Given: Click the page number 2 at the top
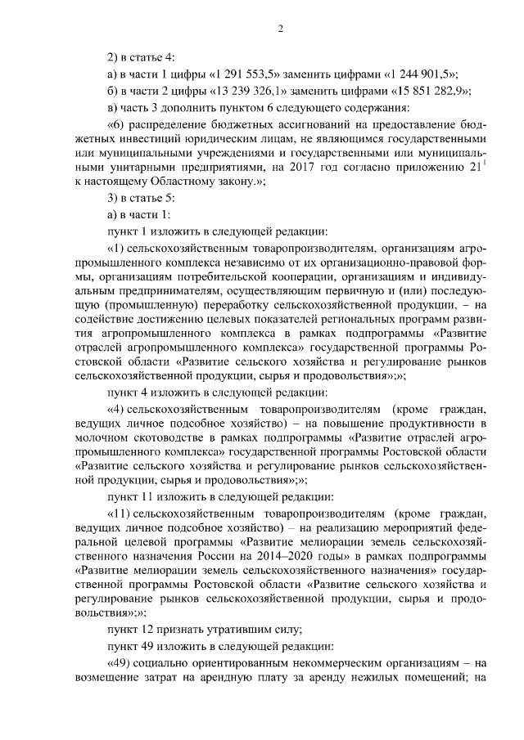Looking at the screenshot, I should (279, 30).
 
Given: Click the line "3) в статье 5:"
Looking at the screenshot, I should (141, 199).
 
